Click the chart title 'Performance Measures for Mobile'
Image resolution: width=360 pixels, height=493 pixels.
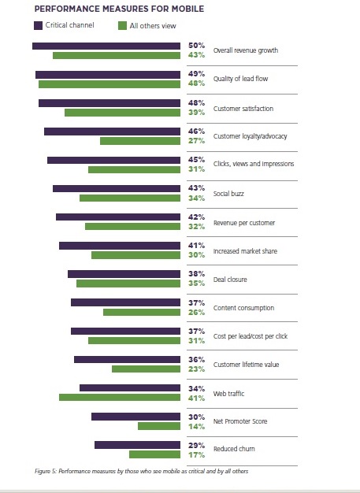pyautogui.click(x=119, y=9)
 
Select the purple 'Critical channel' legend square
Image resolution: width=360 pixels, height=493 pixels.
pyautogui.click(x=38, y=25)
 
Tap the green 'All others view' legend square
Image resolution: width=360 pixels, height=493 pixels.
pyautogui.click(x=122, y=26)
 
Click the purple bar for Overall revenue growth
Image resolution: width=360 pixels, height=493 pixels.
pyautogui.click(x=106, y=46)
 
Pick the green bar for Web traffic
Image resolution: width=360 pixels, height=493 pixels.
pyautogui.click(x=120, y=398)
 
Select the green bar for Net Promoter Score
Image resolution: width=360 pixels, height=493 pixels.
pyautogui.click(x=159, y=426)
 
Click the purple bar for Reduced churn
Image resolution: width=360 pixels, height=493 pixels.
pyautogui.click(x=137, y=445)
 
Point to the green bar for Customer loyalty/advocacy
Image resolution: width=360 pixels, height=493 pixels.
pyautogui.click(x=140, y=141)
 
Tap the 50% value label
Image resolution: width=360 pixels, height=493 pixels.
pyautogui.click(x=196, y=46)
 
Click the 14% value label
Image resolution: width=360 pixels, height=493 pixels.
pyautogui.click(x=196, y=427)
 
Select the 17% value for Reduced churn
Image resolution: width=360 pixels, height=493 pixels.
pyautogui.click(x=196, y=455)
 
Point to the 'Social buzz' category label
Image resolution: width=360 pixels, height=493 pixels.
pyautogui.click(x=228, y=194)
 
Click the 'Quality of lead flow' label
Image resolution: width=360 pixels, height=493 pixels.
pyautogui.click(x=241, y=79)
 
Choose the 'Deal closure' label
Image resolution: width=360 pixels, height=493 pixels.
pyautogui.click(x=230, y=280)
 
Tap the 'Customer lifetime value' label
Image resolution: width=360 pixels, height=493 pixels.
pyautogui.click(x=247, y=365)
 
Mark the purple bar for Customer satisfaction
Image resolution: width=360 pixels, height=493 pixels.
pyautogui.click(x=109, y=103)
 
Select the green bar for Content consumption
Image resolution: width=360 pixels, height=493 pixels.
pyautogui.click(x=142, y=312)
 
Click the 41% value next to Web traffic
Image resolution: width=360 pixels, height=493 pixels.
pyautogui.click(x=196, y=398)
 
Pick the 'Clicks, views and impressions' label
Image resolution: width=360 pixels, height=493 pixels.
pyautogui.click(x=254, y=164)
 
